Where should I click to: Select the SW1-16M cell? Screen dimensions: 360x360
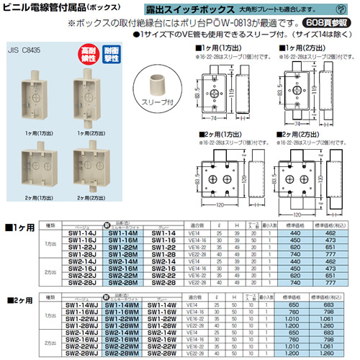[119, 242]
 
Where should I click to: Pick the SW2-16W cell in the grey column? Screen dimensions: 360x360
[163, 340]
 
